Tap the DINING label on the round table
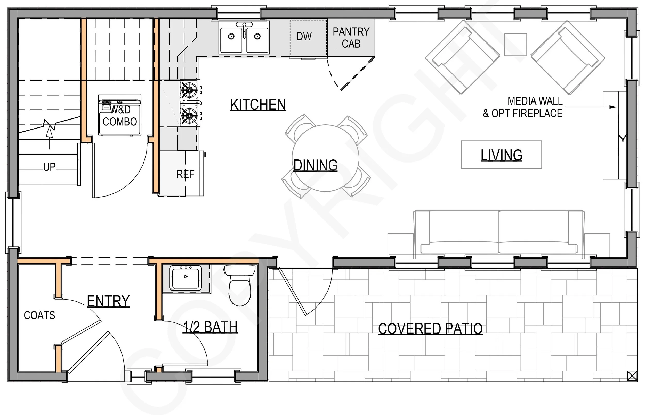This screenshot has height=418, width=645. (x=316, y=165)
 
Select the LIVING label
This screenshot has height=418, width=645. (x=501, y=155)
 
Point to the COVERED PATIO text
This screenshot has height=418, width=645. (x=430, y=328)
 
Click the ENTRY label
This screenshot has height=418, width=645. (x=108, y=301)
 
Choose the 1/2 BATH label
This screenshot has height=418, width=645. (x=210, y=327)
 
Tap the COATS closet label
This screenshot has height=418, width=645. (x=39, y=315)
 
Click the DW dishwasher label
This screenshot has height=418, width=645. (x=304, y=36)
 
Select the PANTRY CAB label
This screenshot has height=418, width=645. (x=351, y=38)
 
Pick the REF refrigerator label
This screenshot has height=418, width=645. (x=185, y=174)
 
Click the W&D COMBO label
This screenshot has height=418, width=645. (x=120, y=116)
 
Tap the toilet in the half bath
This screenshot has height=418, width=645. (x=240, y=285)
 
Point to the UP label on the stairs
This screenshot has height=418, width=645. (x=49, y=167)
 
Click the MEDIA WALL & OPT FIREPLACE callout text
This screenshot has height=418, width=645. (x=522, y=107)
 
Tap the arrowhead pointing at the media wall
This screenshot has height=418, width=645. (x=612, y=107)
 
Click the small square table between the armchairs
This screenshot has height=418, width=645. (x=515, y=45)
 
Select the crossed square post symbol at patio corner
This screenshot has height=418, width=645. (x=632, y=376)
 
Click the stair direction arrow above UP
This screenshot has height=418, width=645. (x=49, y=138)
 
